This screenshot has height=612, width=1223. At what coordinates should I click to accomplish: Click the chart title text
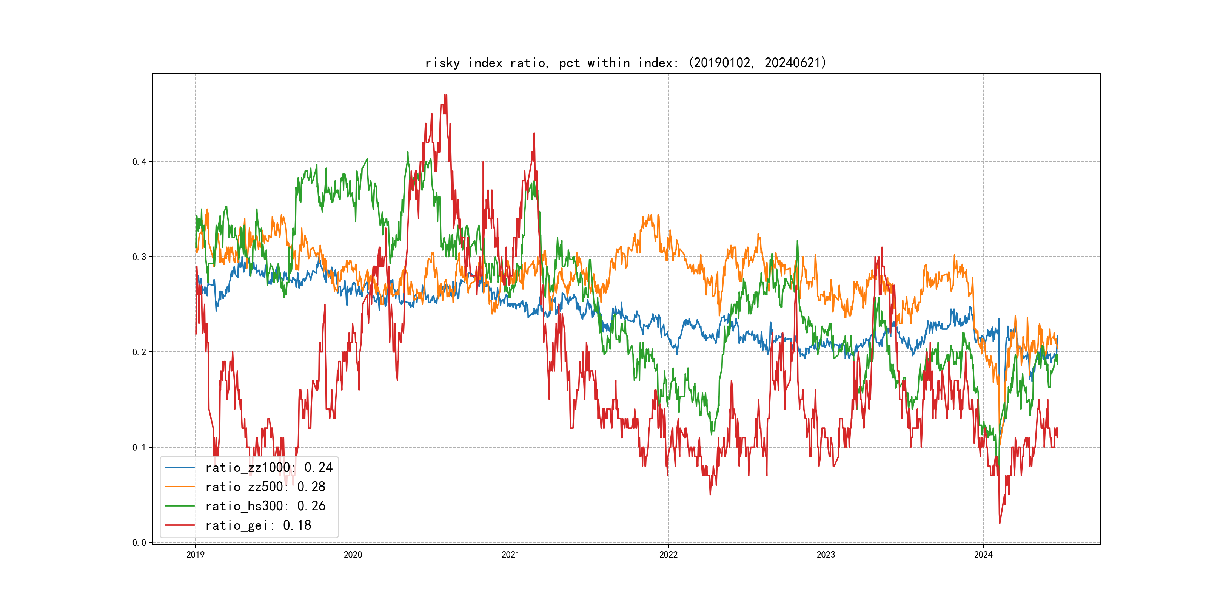[x=626, y=63]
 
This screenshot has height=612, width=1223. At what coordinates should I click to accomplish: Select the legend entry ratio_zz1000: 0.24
[x=269, y=468]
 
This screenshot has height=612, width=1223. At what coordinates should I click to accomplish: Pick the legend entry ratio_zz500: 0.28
[x=265, y=487]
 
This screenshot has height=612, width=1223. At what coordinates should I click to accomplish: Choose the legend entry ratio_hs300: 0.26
[x=265, y=506]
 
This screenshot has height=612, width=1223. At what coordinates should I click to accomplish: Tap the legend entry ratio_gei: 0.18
[x=258, y=525]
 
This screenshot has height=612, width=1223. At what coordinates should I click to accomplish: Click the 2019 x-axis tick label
[x=195, y=555]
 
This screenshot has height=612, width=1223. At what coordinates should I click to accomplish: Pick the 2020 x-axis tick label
[x=353, y=555]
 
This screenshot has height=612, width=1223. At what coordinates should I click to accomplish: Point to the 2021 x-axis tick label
[x=511, y=555]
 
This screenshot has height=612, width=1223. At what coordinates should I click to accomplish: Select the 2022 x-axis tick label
[x=668, y=555]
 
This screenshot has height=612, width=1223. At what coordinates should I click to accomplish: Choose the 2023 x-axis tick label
[x=826, y=555]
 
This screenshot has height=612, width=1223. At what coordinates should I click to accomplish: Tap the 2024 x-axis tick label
[x=983, y=555]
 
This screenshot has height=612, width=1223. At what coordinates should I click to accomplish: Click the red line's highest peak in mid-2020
[x=445, y=96]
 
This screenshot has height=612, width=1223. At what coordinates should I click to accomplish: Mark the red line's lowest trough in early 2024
[x=1000, y=523]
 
